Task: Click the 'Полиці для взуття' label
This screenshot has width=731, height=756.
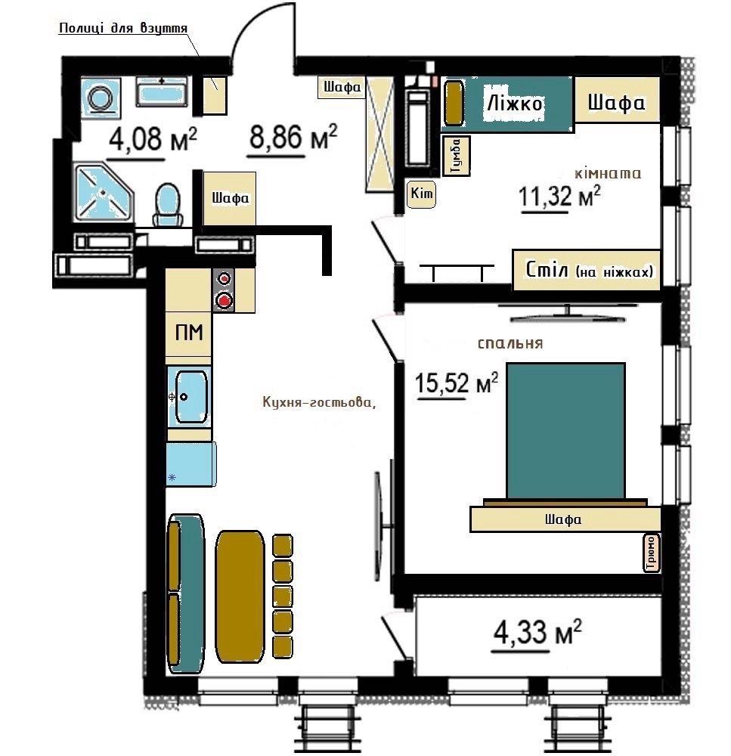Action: click(123, 28)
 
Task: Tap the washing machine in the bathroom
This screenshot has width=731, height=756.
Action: click(101, 98)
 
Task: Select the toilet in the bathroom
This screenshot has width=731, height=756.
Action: click(169, 205)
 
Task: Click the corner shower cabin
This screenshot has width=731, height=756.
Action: click(104, 192)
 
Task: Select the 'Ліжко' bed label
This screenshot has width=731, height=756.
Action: click(515, 103)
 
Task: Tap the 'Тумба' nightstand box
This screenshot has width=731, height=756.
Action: click(456, 155)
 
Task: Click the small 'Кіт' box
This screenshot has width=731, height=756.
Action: click(421, 194)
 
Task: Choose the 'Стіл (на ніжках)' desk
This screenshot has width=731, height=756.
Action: click(587, 270)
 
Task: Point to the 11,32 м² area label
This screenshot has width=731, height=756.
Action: click(559, 196)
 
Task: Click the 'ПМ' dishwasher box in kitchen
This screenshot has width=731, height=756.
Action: click(188, 333)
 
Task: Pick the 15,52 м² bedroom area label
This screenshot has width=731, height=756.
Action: click(456, 384)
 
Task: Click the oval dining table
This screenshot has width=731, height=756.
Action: click(240, 597)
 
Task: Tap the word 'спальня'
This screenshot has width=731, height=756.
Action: click(510, 343)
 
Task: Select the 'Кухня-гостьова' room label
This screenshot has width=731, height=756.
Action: click(319, 402)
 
